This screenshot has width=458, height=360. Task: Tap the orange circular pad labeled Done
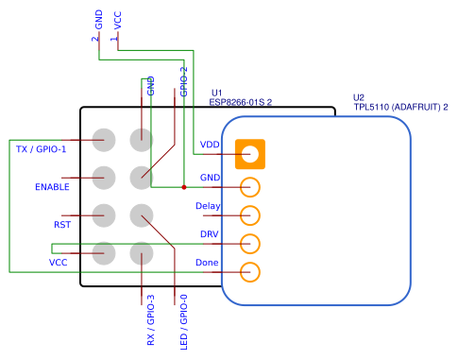point(250,273)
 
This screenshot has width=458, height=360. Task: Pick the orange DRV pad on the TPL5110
point(250,244)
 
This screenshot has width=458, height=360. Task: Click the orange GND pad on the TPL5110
point(250,187)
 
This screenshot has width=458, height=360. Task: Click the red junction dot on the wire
point(183,187)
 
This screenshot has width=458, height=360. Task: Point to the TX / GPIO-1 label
point(42,149)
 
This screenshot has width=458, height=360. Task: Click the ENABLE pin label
point(53,187)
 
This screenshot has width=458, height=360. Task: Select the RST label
point(62,225)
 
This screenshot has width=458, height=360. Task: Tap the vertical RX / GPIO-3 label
point(150,319)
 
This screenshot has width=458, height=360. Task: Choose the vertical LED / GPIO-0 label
point(183,321)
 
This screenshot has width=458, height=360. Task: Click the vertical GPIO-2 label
point(183,82)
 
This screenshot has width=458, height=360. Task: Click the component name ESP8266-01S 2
point(240,100)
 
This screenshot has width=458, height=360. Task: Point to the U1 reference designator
point(216,91)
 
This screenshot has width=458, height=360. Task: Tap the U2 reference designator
point(359,97)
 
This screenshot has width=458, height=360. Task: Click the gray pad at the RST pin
point(104,215)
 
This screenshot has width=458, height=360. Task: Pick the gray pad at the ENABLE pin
point(104,177)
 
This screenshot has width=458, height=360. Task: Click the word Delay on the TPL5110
point(208,206)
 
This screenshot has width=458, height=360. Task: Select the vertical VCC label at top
point(117,20)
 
